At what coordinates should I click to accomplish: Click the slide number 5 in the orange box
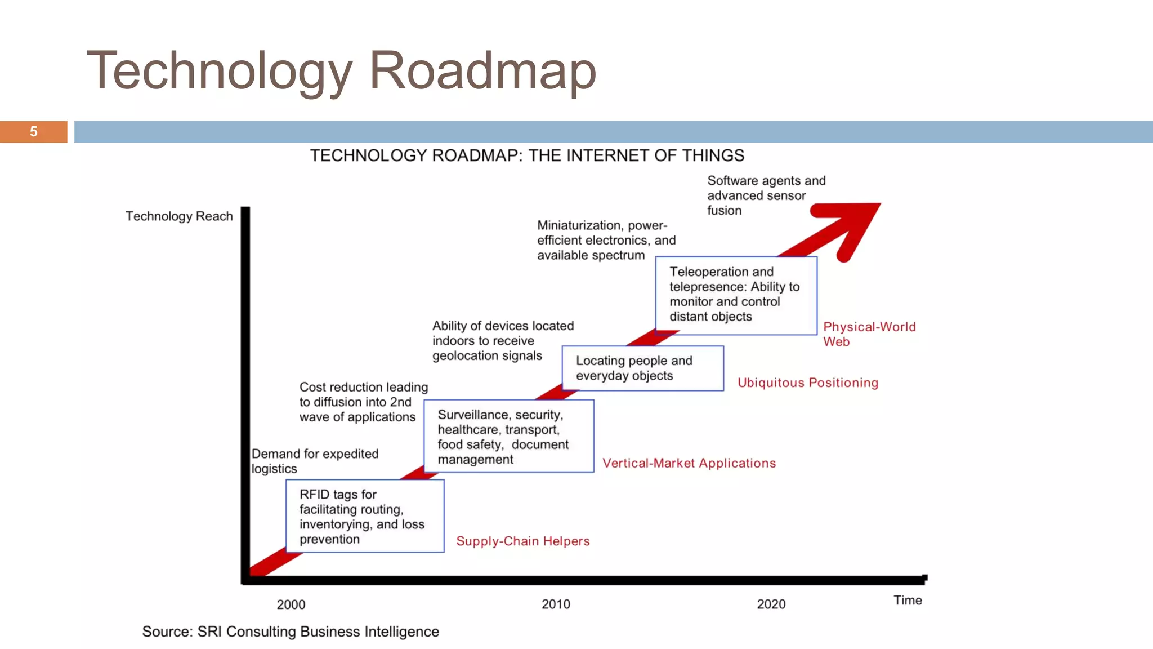[34, 132]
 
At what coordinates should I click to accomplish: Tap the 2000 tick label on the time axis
[291, 604]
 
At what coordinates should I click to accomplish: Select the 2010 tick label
[556, 604]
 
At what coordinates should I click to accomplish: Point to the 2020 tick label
[771, 604]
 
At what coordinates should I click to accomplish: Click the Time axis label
[908, 600]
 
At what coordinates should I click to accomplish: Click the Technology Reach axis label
[179, 216]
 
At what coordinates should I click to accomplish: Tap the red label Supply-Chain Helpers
[522, 541]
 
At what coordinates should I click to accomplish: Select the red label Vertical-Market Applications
[689, 463]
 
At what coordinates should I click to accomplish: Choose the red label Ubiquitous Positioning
[807, 383]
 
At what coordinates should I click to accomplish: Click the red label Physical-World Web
[869, 334]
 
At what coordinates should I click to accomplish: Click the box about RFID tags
[365, 516]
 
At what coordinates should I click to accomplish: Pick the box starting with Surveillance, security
[508, 436]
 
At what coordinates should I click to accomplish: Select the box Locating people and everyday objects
[642, 368]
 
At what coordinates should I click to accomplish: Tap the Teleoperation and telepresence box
[736, 295]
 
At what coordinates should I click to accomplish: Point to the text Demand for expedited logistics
[314, 461]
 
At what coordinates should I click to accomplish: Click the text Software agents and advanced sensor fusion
[766, 195]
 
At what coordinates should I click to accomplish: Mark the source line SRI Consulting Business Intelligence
[291, 632]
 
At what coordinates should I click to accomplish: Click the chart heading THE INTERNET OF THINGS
[636, 155]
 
